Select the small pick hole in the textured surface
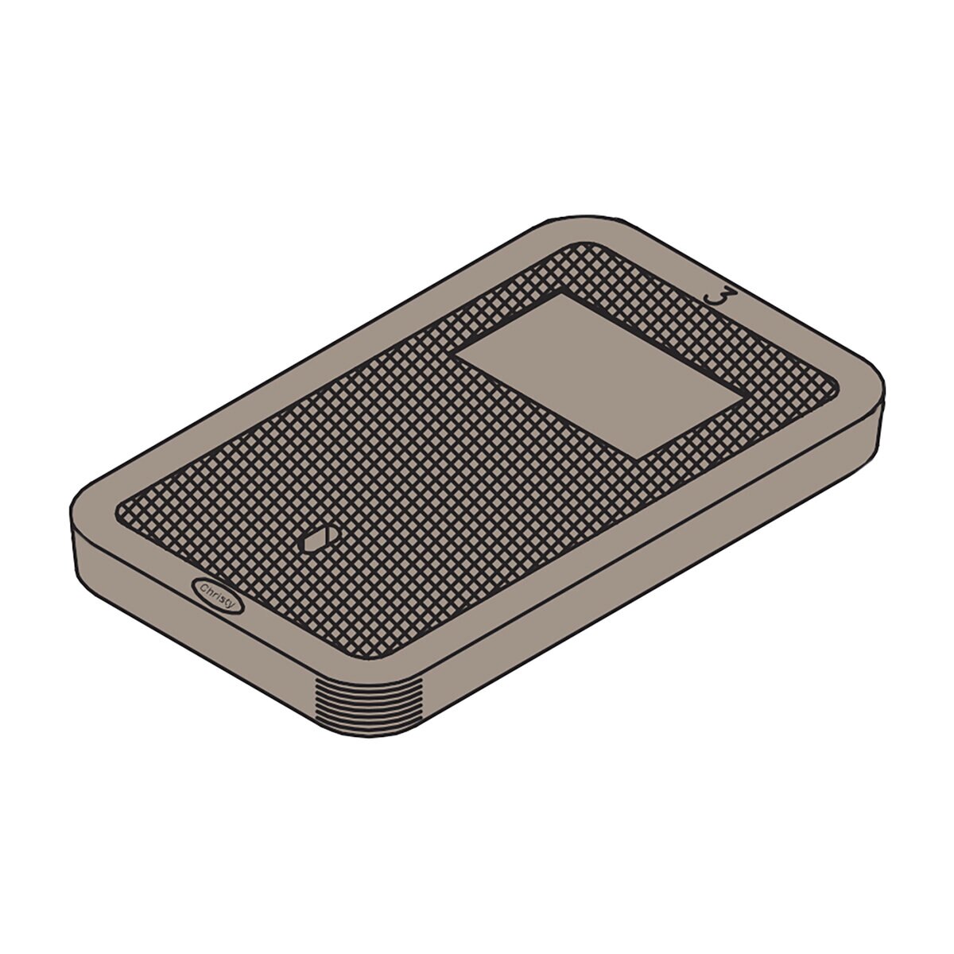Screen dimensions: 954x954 pyautogui.click(x=320, y=540)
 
